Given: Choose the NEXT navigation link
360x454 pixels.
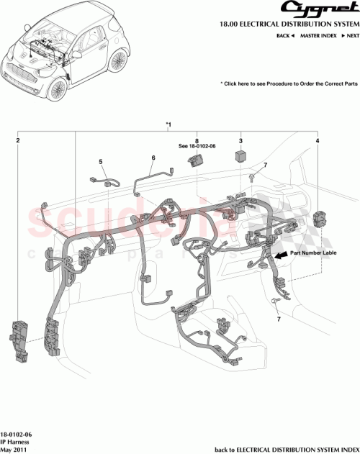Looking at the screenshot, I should (350, 35).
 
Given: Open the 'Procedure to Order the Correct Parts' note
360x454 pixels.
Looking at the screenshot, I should (290, 84).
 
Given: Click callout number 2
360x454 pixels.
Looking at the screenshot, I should (18, 142).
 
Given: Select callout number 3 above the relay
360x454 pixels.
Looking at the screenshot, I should (240, 142).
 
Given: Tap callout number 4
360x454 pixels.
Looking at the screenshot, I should (318, 142).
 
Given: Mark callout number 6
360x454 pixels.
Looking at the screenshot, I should (153, 158).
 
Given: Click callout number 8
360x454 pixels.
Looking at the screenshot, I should (196, 141).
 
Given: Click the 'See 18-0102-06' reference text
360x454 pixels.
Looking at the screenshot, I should (197, 148).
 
